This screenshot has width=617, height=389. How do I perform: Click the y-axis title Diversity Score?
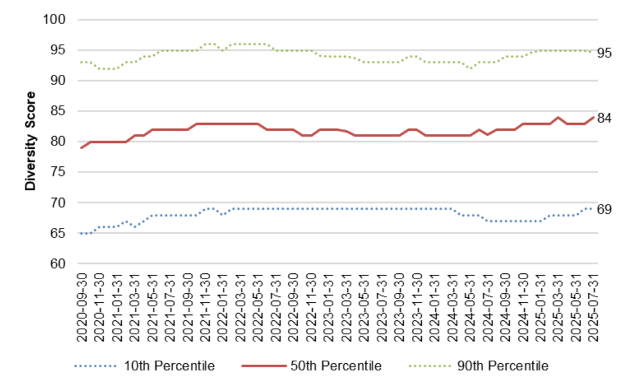pyautogui.click(x=30, y=141)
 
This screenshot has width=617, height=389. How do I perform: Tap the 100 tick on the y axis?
pyautogui.click(x=55, y=19)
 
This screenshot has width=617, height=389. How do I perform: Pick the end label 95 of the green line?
pyautogui.click(x=604, y=53)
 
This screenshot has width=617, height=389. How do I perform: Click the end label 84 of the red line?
pyautogui.click(x=604, y=118)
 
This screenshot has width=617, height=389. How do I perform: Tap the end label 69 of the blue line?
pyautogui.click(x=604, y=209)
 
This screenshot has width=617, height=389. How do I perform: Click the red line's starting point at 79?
pyautogui.click(x=81, y=148)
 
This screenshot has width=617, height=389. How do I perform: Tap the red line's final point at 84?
pyautogui.click(x=593, y=117)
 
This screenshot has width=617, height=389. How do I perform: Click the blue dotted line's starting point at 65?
pyautogui.click(x=81, y=233)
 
